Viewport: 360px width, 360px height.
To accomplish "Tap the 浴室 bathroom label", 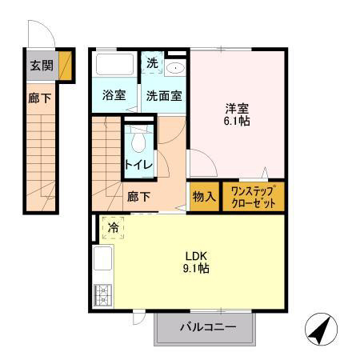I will pyautogui.click(x=114, y=95).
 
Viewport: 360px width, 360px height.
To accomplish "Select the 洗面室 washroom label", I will pyautogui.click(x=163, y=95).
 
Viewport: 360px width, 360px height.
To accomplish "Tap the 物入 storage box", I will pyautogui.click(x=204, y=196).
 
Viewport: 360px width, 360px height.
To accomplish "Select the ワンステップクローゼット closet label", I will pyautogui.click(x=253, y=196).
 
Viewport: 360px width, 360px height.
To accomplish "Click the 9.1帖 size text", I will pyautogui.click(x=197, y=270).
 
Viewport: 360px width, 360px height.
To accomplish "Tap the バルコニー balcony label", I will pyautogui.click(x=207, y=328).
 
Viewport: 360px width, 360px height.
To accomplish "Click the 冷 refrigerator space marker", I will pyautogui.click(x=114, y=228).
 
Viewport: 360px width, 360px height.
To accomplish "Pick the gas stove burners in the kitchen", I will pyautogui.click(x=103, y=296).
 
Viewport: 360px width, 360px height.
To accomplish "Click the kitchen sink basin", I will pyautogui.click(x=103, y=260).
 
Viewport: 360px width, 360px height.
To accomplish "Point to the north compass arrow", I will pyautogui.click(x=320, y=328).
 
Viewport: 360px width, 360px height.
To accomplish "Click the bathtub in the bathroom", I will pyautogui.click(x=114, y=64).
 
